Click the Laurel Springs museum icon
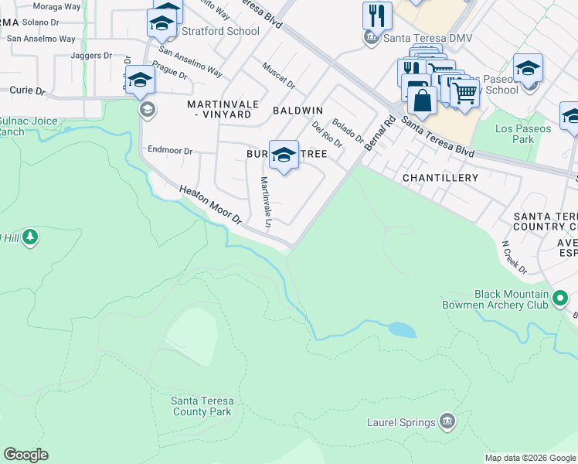pyautogui.click(x=447, y=421)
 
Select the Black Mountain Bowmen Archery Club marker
pyautogui.click(x=561, y=298)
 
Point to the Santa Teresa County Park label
pyautogui.click(x=201, y=406)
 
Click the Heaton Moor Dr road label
pyautogui.click(x=211, y=204)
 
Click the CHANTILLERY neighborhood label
pyautogui.click(x=440, y=178)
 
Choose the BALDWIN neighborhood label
pyautogui.click(x=297, y=111)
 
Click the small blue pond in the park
pyautogui.click(x=402, y=330)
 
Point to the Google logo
pyautogui.click(x=25, y=455)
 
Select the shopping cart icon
pyautogui.click(x=464, y=93)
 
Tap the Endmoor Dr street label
pyautogui.click(x=169, y=151)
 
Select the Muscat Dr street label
pyautogui.click(x=279, y=75)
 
